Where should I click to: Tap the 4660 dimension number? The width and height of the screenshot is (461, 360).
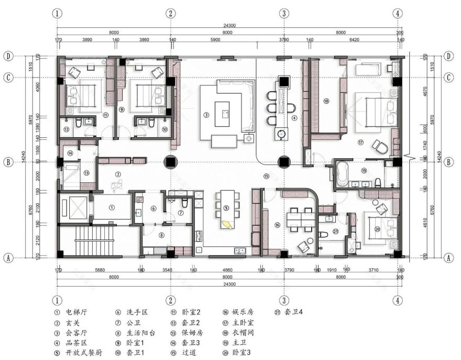227,270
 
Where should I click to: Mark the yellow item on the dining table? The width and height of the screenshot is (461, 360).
227,224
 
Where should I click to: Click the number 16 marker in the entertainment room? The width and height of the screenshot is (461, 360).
277,225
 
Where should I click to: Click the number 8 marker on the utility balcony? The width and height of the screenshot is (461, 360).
161,235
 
